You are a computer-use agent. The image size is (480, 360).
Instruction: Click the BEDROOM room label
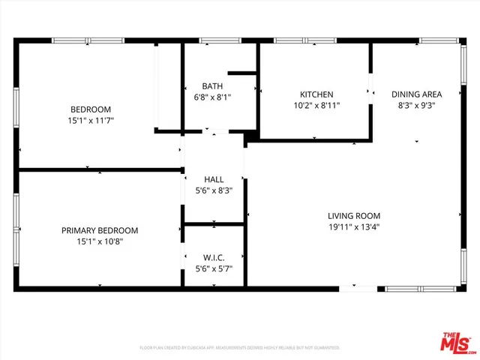tap(91, 109)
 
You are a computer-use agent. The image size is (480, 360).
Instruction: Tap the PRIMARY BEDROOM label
tap(100, 230)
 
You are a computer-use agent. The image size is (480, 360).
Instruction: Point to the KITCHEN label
tap(316, 94)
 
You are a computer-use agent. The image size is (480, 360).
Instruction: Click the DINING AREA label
tap(416, 94)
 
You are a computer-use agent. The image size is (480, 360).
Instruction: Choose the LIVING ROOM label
tap(353, 216)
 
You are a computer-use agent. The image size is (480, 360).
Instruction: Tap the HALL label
tap(214, 179)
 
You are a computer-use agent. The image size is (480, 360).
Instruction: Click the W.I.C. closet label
tap(214, 257)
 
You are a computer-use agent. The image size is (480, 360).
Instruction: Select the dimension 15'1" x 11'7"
tap(91, 120)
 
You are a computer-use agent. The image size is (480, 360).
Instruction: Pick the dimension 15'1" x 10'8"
tap(100, 241)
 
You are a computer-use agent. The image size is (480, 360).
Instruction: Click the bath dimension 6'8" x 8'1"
tap(212, 97)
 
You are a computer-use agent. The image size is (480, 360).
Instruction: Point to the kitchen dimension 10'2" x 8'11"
tap(316, 106)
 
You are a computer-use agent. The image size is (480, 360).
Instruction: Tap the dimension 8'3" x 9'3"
tap(416, 106)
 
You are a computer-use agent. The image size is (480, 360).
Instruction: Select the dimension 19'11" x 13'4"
tap(353, 227)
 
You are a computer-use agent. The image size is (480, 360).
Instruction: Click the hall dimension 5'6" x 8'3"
tap(214, 190)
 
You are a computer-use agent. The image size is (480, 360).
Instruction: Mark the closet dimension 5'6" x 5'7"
tap(214, 268)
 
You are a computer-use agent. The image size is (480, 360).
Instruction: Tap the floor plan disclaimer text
tap(240, 348)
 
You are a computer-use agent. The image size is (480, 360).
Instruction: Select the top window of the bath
tap(214, 40)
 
